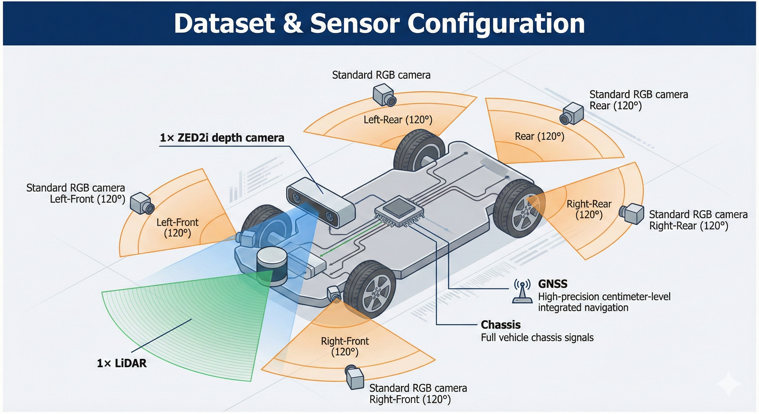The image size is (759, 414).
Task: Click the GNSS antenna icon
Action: [x=522, y=291]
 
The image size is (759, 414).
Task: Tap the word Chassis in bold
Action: [x=500, y=325]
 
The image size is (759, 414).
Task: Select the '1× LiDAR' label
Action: [x=122, y=363]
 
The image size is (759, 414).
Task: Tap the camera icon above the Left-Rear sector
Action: [x=384, y=95]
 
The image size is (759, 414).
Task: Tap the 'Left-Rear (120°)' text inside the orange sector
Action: [x=398, y=120]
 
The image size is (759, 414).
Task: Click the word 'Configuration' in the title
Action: [x=496, y=23]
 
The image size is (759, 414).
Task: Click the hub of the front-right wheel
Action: [x=376, y=293]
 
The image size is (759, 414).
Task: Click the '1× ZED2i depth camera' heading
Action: [x=222, y=138]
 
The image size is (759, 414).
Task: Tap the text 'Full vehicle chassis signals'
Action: [x=537, y=337]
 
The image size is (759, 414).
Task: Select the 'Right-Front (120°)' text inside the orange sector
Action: [x=344, y=347]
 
